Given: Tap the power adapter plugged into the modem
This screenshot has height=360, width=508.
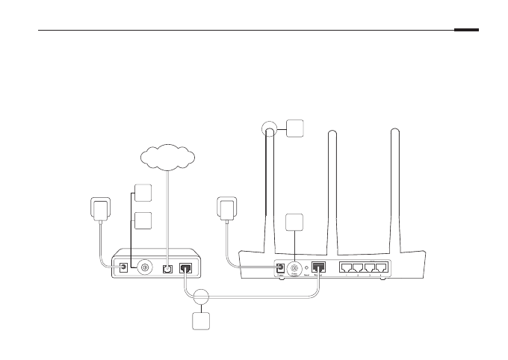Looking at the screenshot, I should pos(100,208).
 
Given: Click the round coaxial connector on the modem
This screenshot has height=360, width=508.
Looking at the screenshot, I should pos(140,267).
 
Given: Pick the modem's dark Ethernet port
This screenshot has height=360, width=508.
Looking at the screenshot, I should pos(187,267).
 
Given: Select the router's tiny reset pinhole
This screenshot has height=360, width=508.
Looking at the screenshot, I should pos(307,267).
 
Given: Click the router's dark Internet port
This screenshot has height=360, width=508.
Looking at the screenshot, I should pos(318,267).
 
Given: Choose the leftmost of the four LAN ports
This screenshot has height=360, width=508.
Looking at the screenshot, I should pos(347,267).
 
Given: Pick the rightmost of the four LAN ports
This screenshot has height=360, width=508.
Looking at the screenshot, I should pos(382,267).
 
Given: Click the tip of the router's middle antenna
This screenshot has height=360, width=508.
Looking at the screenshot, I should pos(329,132).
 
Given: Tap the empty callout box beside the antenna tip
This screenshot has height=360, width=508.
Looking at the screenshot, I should pos(295,127).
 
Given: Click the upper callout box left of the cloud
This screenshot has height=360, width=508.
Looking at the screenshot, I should pos(144,192).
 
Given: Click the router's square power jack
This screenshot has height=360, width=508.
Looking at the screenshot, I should pos(280,267).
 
